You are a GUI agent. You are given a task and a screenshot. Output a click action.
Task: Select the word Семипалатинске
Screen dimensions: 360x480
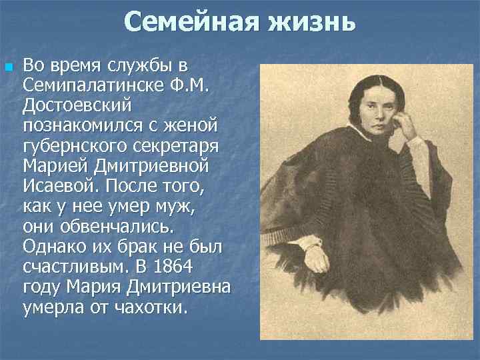point(95,85)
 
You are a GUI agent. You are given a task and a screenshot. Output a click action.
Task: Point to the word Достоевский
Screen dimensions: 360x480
point(79,105)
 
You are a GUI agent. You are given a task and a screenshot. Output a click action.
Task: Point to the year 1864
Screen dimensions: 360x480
point(191,268)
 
